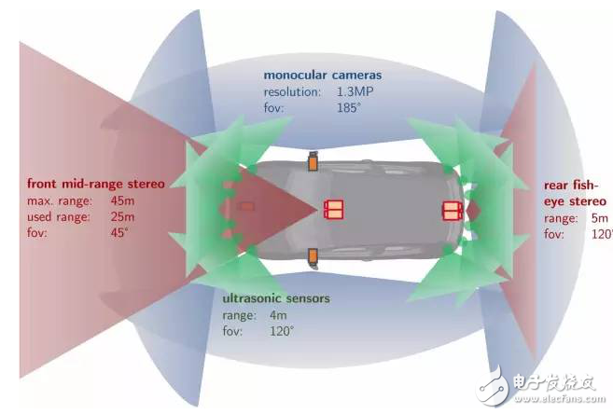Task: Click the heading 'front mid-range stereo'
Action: (x=96, y=184)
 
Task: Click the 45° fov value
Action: (x=121, y=233)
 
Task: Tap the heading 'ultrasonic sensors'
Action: (x=276, y=299)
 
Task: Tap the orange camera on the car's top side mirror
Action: (x=313, y=161)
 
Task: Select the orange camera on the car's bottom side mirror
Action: (x=313, y=255)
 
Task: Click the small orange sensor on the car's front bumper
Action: (x=247, y=208)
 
